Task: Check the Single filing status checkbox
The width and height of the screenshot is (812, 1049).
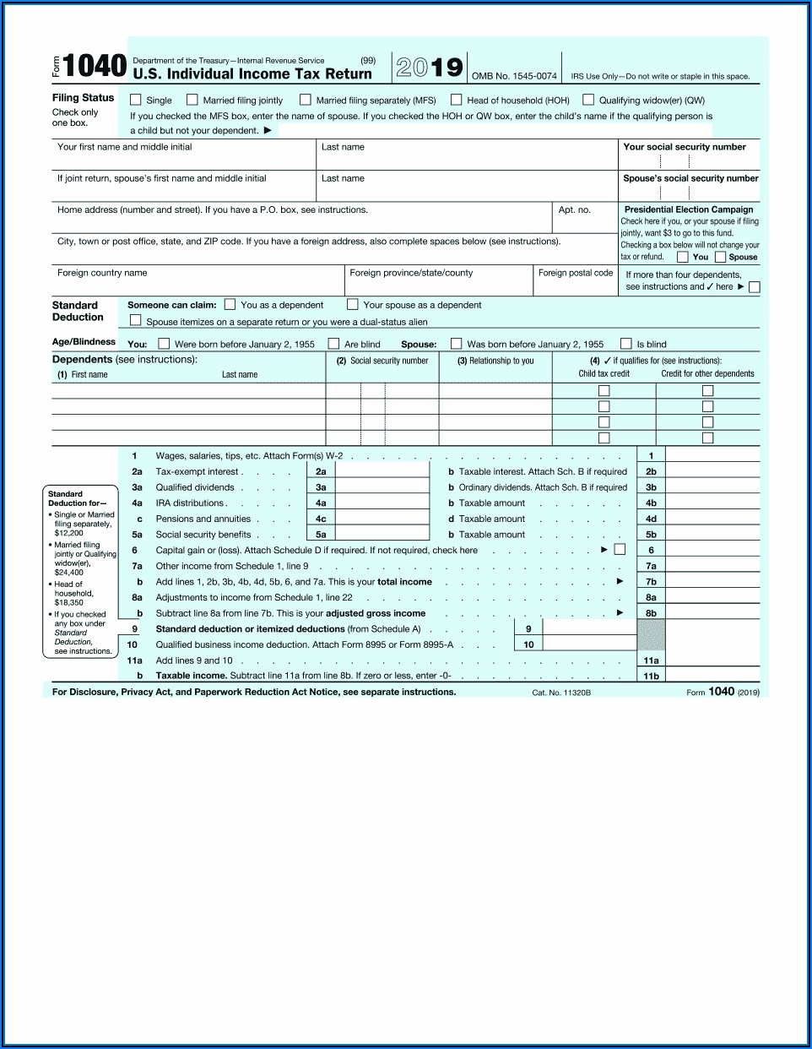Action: [x=135, y=100]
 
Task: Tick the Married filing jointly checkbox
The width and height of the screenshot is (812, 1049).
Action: [x=192, y=100]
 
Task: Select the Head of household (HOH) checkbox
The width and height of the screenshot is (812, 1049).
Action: [x=457, y=100]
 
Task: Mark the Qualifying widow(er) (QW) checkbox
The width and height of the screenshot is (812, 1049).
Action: [x=588, y=100]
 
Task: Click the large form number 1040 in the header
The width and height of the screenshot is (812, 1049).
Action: [x=95, y=66]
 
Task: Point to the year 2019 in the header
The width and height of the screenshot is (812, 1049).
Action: [x=429, y=68]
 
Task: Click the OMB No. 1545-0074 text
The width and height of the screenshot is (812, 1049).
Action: [x=514, y=76]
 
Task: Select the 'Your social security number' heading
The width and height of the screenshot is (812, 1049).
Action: [x=685, y=147]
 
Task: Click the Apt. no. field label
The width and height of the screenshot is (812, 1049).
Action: [x=574, y=209]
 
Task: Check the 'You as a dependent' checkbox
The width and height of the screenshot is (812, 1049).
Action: [x=230, y=305]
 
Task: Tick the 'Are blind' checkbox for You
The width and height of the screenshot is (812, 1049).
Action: [x=334, y=344]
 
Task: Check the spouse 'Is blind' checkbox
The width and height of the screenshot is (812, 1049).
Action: [x=626, y=344]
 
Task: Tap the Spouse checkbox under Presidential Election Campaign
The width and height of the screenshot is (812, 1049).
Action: [x=720, y=257]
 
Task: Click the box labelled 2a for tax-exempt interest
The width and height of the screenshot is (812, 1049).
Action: [x=321, y=471]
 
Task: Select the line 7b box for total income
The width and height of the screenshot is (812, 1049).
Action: [x=651, y=582]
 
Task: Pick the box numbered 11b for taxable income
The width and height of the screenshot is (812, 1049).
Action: [x=651, y=676]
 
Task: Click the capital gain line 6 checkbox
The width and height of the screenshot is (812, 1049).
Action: [x=620, y=550]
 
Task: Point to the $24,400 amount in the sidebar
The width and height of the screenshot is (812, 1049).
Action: [x=69, y=573]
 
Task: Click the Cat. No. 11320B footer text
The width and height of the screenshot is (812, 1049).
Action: [x=561, y=693]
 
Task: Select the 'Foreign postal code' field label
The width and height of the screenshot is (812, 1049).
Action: [x=576, y=273]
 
